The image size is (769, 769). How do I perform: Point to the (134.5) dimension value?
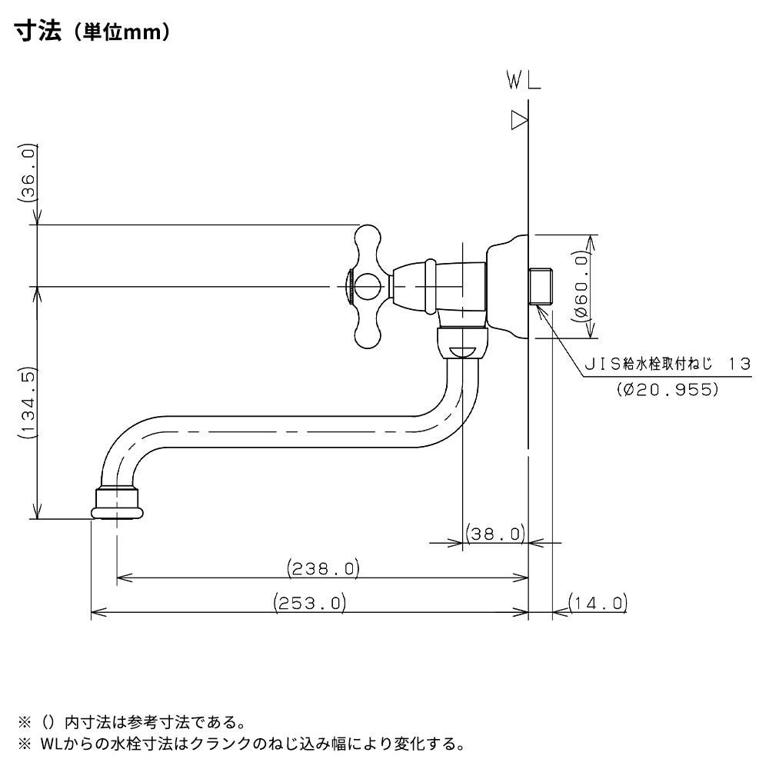point(28,403)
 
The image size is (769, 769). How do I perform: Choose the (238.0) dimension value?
point(324,569)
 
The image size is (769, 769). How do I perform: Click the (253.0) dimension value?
point(310,604)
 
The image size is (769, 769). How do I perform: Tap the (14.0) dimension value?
point(598,603)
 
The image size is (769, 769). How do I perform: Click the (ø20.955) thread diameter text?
point(667,389)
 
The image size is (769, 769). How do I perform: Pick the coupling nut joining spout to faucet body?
point(461,342)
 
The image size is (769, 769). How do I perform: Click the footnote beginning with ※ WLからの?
point(241,744)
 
